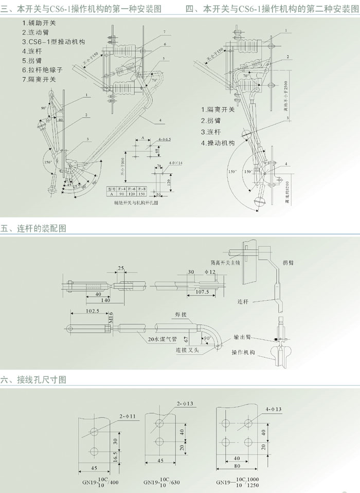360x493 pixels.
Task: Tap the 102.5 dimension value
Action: tap(78, 311)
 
